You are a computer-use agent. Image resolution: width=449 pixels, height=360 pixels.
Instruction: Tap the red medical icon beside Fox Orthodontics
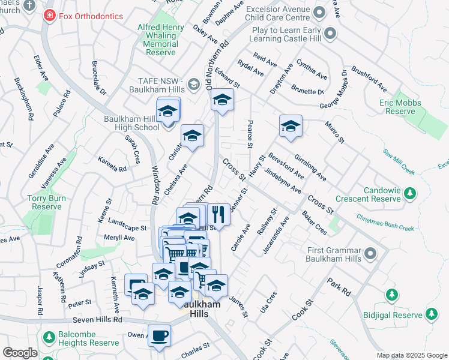[x=49, y=16]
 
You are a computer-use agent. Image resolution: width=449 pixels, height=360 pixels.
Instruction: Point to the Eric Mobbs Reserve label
[x=402, y=107]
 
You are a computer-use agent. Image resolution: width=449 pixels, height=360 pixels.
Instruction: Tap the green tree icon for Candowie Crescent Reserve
[x=410, y=193]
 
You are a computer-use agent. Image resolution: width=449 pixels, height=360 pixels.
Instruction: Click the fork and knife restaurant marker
[x=218, y=214]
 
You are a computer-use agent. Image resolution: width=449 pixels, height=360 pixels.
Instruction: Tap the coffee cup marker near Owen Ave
[x=159, y=336]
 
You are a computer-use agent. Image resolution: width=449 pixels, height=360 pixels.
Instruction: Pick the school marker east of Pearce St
[x=291, y=126]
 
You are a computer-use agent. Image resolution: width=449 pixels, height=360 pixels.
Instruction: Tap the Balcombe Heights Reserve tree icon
[x=47, y=337]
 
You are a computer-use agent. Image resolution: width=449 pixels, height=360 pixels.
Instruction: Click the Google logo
[x=20, y=353]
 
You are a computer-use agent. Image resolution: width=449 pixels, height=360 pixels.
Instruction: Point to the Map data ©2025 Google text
[x=412, y=355]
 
